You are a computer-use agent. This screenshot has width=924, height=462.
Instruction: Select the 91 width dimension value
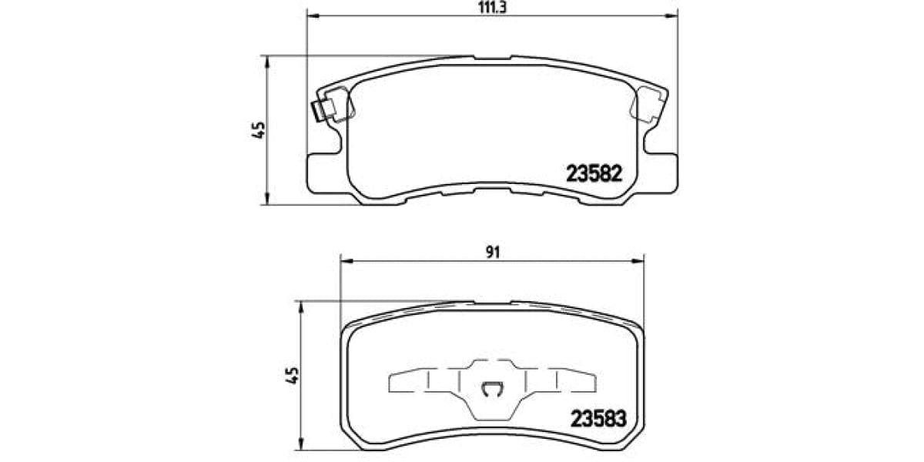coord(494,251)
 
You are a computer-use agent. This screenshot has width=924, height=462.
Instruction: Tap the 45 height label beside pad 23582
coord(259,129)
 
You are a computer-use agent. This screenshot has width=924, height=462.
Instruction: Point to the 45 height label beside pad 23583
coord(293,375)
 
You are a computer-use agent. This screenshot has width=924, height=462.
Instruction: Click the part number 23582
coord(593,174)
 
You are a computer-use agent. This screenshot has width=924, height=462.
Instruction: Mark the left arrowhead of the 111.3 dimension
coord(313,15)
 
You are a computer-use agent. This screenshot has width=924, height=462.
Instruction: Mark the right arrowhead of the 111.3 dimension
coord(674,15)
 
